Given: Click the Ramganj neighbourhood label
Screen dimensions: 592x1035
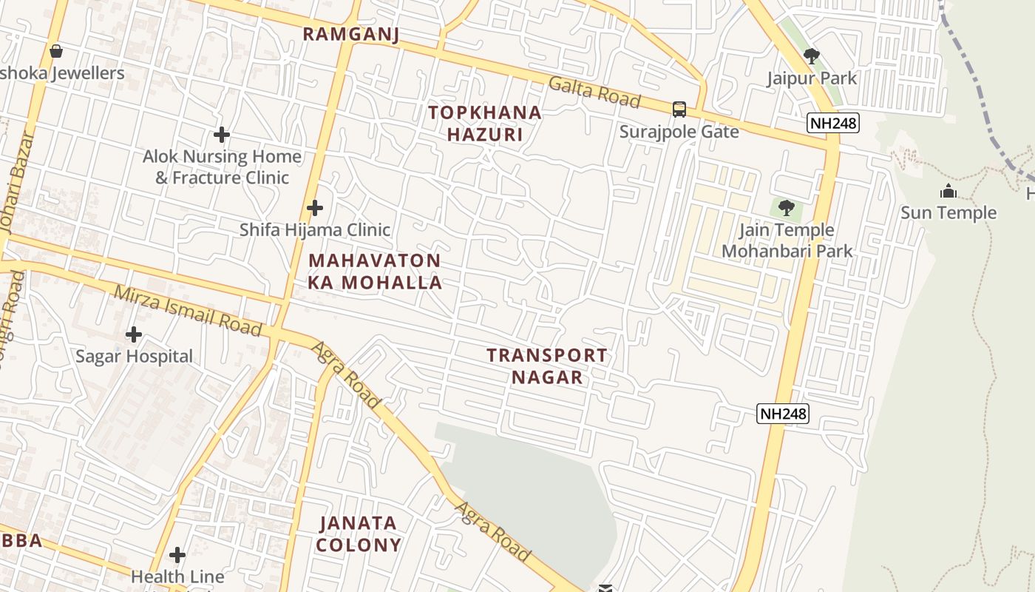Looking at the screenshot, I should coord(351,33).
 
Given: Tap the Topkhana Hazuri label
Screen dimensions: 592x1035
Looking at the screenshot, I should coord(485,124).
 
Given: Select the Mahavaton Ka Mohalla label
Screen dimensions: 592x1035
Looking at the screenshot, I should coord(375,271).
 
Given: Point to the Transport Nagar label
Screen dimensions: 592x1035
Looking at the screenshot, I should coord(547,366).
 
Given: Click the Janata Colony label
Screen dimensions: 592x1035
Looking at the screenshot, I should coord(359,534).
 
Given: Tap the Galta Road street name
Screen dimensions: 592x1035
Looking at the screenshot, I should coord(594,91).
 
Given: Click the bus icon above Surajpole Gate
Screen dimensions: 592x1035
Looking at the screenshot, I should coord(679,110).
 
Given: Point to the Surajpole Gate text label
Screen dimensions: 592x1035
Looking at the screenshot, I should coord(679,132).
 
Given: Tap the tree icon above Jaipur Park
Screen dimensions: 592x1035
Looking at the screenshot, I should coord(811,55).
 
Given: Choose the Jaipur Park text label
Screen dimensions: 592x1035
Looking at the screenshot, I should coord(811,78).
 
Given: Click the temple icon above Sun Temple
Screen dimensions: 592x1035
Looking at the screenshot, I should coord(948,192).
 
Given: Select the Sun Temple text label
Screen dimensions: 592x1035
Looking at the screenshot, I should coord(948,213).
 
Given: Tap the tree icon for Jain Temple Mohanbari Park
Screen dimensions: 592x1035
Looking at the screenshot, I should coord(787,208).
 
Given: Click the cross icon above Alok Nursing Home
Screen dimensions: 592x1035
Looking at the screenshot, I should coord(221,135).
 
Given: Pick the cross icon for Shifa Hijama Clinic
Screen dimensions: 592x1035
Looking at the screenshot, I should coord(315,208).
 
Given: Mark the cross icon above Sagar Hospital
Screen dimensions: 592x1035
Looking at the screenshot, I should coord(134,334).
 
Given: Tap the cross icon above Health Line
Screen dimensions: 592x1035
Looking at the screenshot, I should coord(177,555).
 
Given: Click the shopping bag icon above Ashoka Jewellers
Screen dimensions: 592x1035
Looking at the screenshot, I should coord(55,51).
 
